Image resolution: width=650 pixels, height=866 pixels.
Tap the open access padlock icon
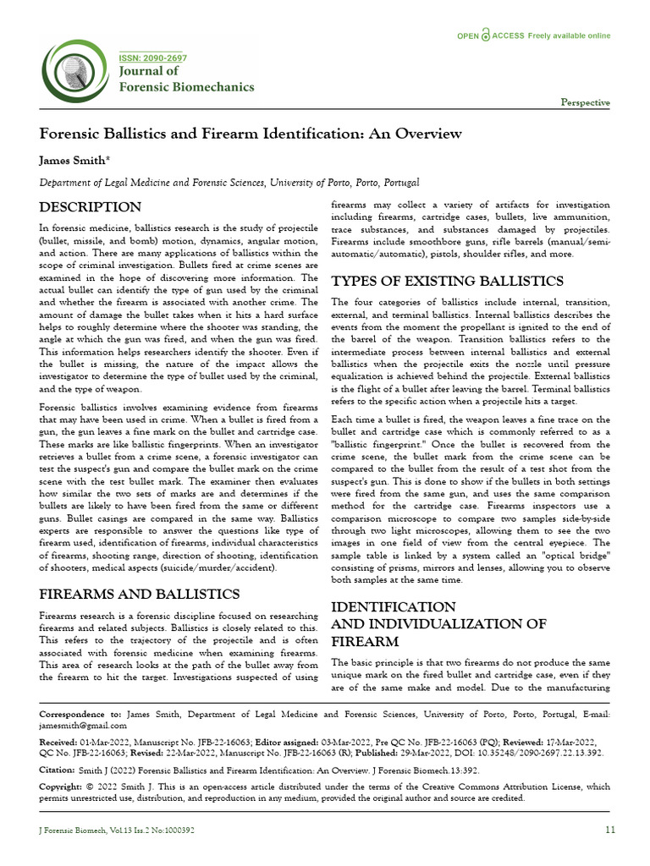tap(485, 36)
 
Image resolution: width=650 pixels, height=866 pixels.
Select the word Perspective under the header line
tap(585, 103)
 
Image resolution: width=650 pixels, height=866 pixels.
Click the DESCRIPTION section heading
tap(91, 207)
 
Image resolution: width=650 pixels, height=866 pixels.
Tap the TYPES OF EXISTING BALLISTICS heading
tap(448, 281)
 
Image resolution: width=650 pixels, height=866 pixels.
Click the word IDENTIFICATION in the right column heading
tap(394, 607)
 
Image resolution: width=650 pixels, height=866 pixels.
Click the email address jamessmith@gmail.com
tap(83, 726)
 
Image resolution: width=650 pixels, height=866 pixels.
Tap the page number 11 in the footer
tap(609, 830)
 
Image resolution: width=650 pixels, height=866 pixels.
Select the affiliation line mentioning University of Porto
tap(229, 183)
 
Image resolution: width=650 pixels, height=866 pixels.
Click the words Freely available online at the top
tap(569, 36)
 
